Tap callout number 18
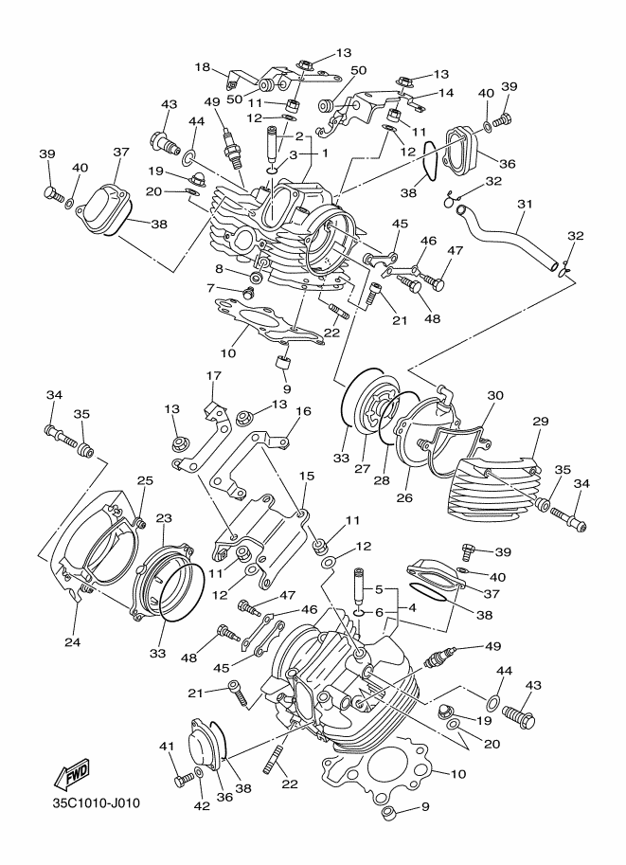pyautogui.click(x=202, y=66)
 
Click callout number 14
pyautogui.click(x=447, y=94)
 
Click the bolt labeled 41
pyautogui.click(x=181, y=779)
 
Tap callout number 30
pyautogui.click(x=495, y=395)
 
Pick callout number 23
pyautogui.click(x=164, y=518)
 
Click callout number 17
pyautogui.click(x=212, y=377)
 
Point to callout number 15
pyautogui.click(x=305, y=476)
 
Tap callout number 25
pyautogui.click(x=145, y=480)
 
